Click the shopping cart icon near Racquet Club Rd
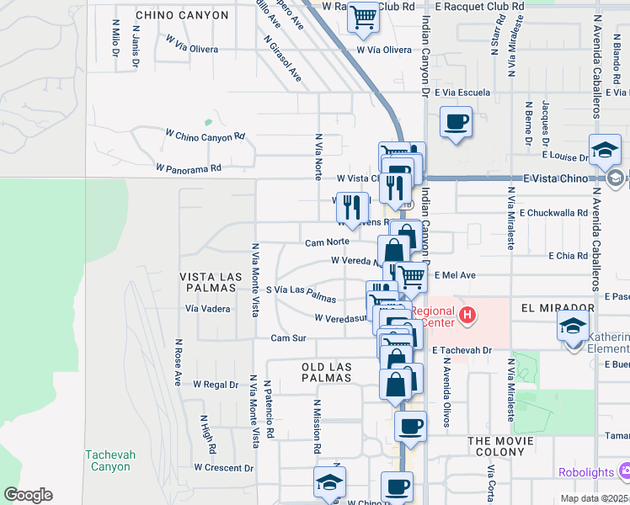click(x=363, y=17)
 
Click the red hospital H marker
click(x=468, y=316)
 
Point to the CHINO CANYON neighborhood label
click(x=182, y=15)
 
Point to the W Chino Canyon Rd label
click(x=205, y=135)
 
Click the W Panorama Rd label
click(x=188, y=167)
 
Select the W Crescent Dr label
click(x=223, y=467)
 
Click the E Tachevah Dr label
click(x=460, y=349)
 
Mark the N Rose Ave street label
click(x=178, y=362)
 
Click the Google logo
click(x=28, y=495)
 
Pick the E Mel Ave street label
click(x=456, y=274)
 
